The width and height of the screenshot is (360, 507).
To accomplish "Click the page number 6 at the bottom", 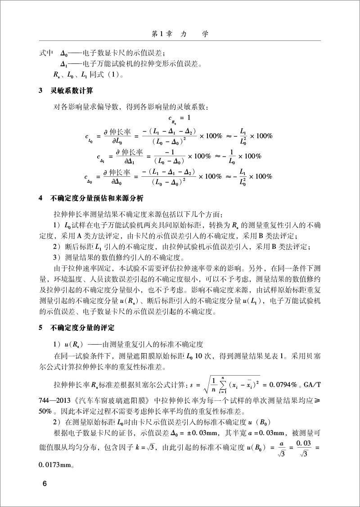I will click(x=44, y=485).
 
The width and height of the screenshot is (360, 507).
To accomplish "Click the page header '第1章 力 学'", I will click(x=180, y=34).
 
